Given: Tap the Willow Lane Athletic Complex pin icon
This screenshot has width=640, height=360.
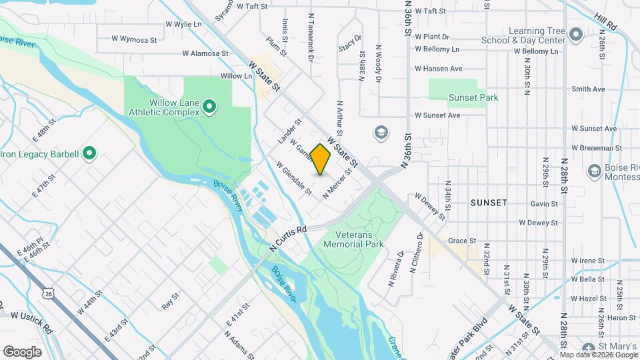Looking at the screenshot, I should (x=209, y=106).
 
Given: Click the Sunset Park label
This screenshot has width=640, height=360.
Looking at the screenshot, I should (x=473, y=97).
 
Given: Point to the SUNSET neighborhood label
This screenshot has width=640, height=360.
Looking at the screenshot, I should (x=489, y=202).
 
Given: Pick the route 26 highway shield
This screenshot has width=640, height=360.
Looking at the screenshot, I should (x=47, y=293).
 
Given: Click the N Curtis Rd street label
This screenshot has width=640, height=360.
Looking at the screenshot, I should (x=288, y=238).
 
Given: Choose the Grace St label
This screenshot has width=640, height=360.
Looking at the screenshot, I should (x=461, y=241).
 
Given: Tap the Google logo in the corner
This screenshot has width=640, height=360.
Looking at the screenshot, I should (x=22, y=351).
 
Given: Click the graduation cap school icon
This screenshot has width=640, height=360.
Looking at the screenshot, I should (x=381, y=132).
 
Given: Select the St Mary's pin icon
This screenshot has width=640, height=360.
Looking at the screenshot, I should (x=588, y=348).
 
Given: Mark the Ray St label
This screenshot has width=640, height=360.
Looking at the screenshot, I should (x=171, y=301).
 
